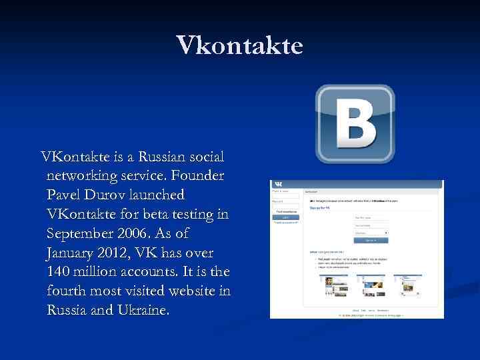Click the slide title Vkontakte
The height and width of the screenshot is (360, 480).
(x=240, y=45)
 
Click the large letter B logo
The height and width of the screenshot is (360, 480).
(x=355, y=124)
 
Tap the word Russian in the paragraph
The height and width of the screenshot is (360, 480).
(x=165, y=158)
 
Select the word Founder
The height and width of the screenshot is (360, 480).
(x=198, y=177)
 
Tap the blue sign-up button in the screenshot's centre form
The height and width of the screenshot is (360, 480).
(x=371, y=240)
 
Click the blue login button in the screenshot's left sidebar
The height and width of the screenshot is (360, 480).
(x=286, y=217)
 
